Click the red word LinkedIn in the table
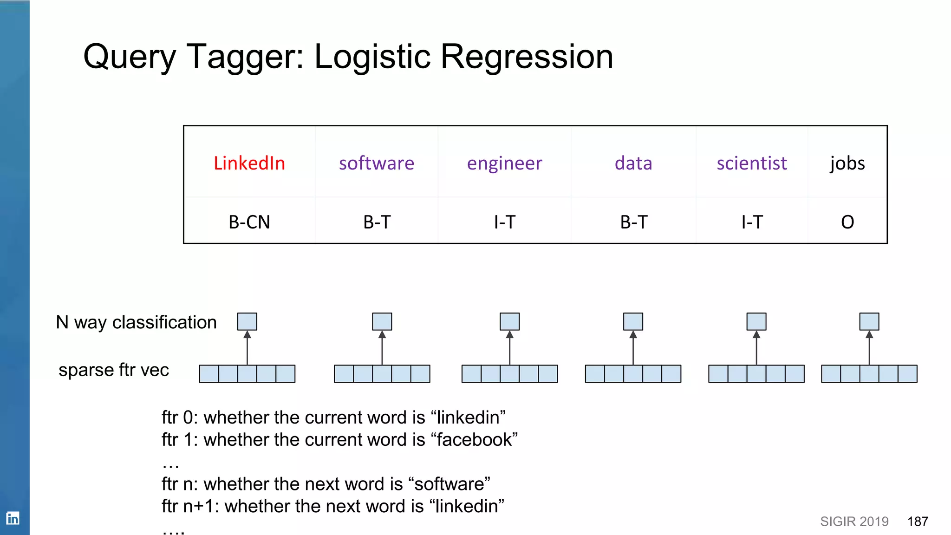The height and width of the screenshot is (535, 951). click(x=249, y=163)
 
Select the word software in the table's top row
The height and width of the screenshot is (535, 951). click(x=376, y=163)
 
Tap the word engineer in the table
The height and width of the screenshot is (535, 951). click(x=504, y=163)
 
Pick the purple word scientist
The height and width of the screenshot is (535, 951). click(x=751, y=163)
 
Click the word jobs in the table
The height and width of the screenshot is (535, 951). click(x=847, y=163)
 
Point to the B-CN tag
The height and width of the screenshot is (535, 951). click(x=249, y=222)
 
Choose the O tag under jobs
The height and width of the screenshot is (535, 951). click(x=847, y=222)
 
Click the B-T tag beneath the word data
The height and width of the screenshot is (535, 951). click(x=633, y=222)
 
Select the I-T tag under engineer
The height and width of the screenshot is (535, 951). click(x=504, y=222)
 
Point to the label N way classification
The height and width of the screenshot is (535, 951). click(x=136, y=322)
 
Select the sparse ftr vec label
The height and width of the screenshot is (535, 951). click(x=114, y=370)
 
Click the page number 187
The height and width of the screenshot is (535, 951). click(x=918, y=522)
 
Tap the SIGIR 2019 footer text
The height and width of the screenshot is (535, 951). click(x=854, y=522)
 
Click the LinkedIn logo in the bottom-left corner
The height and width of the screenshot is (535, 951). click(x=13, y=518)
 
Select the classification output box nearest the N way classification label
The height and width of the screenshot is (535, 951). click(x=247, y=321)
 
